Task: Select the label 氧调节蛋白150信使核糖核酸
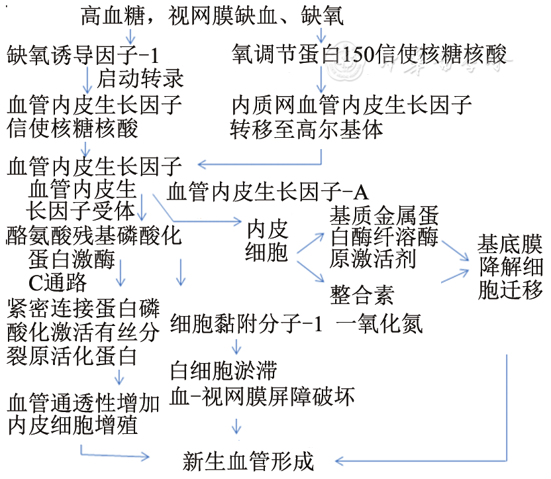(370, 54)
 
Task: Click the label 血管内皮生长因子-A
(268, 192)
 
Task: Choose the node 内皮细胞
(268, 241)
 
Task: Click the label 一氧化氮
(379, 324)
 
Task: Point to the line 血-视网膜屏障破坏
(262, 396)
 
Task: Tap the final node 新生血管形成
(248, 461)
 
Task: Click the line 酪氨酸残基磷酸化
(93, 236)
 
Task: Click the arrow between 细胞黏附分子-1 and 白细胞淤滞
(236, 346)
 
